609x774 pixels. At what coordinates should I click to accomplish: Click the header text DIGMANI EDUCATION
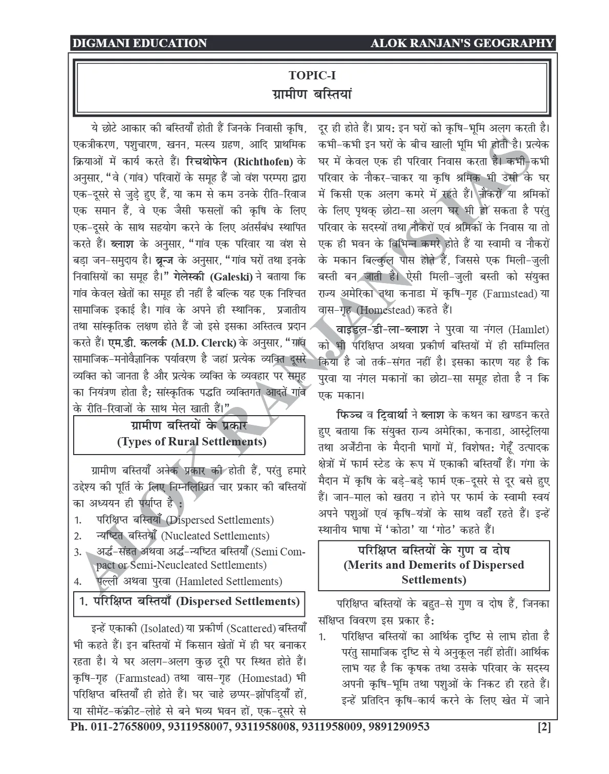[139, 43]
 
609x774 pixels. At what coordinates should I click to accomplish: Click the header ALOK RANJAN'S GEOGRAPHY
[462, 43]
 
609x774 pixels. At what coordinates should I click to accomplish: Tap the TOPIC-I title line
[312, 75]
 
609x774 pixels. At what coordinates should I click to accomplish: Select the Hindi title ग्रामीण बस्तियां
[312, 95]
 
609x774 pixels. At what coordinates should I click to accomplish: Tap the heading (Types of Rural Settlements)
[191, 441]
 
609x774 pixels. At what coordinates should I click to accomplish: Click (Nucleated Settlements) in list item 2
[215, 536]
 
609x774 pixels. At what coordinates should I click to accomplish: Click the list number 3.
[78, 552]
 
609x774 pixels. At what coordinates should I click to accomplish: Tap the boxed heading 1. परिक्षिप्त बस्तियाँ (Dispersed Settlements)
[189, 601]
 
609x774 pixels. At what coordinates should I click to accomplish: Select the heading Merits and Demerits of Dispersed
[433, 565]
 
